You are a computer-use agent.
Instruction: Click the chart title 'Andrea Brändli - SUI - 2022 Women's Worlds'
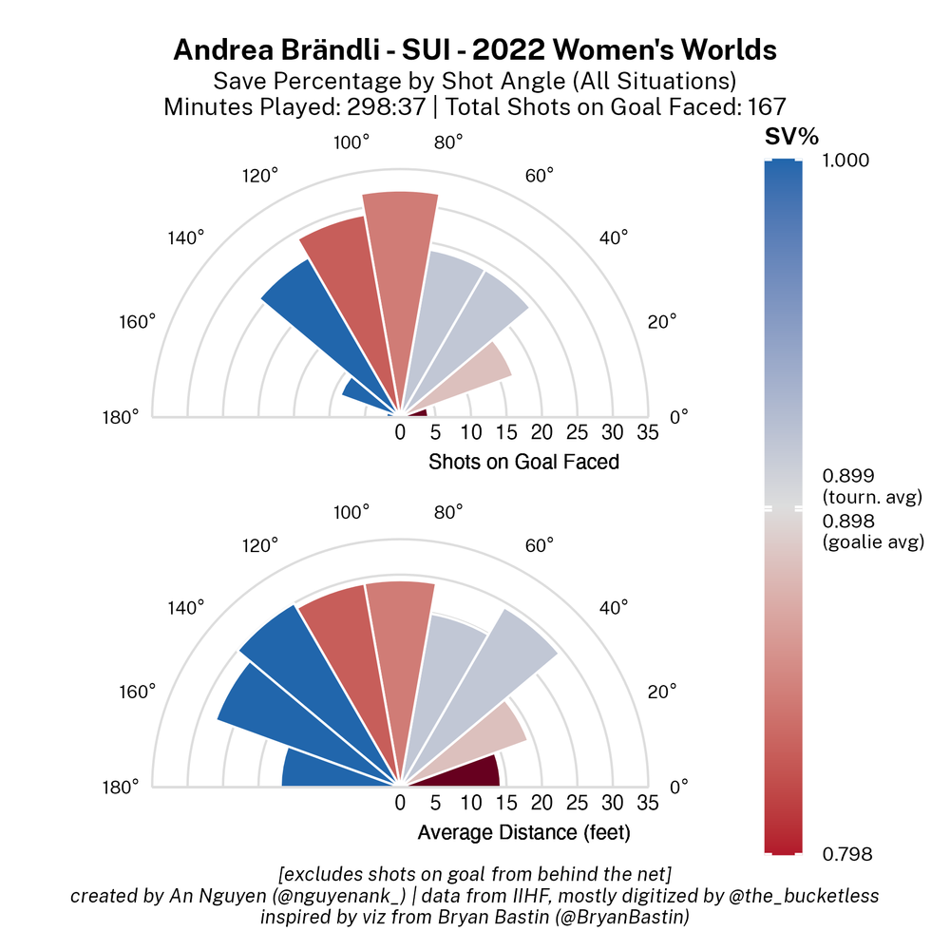(x=475, y=50)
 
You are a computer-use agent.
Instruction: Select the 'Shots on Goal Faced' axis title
(x=523, y=463)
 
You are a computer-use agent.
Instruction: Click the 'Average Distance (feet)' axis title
(x=523, y=833)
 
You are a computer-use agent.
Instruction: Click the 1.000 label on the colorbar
(x=844, y=161)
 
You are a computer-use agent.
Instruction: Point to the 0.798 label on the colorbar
(x=844, y=854)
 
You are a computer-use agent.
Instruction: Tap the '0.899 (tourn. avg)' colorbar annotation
(x=870, y=485)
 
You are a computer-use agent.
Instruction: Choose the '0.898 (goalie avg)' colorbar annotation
(x=871, y=532)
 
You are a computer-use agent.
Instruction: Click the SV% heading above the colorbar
(x=791, y=138)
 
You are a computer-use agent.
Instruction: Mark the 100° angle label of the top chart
(x=351, y=142)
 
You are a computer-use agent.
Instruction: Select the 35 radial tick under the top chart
(x=647, y=433)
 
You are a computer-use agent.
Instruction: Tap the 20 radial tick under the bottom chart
(x=541, y=804)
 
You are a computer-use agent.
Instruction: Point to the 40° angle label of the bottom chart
(x=613, y=608)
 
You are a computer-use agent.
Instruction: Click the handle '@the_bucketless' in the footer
(x=813, y=895)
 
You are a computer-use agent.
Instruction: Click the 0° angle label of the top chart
(x=680, y=416)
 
